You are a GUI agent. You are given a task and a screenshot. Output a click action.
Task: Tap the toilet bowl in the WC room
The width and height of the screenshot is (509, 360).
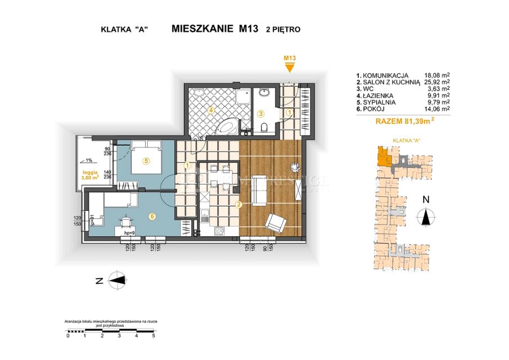pyautogui.click(x=265, y=128)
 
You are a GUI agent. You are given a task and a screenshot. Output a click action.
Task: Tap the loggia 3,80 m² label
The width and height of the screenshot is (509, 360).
pyautogui.click(x=89, y=175)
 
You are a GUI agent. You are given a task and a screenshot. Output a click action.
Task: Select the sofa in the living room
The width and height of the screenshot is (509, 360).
pyautogui.click(x=259, y=190)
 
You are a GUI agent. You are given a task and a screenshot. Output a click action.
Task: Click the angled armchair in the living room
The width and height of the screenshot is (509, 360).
pyautogui.click(x=277, y=223)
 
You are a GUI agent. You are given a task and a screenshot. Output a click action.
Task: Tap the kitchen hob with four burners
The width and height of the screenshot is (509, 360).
pyautogui.click(x=218, y=231)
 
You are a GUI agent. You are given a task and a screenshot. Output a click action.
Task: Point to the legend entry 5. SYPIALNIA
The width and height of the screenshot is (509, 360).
pyautogui.click(x=379, y=102)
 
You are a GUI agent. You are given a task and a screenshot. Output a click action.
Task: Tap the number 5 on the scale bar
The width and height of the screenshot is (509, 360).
pyautogui.click(x=154, y=335)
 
